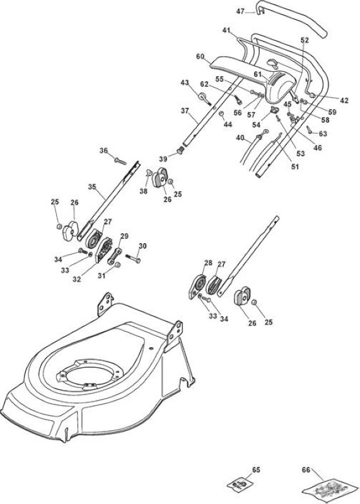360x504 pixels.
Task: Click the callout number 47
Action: pyautogui.click(x=240, y=11)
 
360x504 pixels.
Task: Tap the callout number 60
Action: pyautogui.click(x=200, y=57)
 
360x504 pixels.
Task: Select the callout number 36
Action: pyautogui.click(x=103, y=151)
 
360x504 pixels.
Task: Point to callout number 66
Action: pyautogui.click(x=306, y=470)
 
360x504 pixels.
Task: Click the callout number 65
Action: pyautogui.click(x=256, y=470)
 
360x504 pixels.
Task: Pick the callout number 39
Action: pyautogui.click(x=163, y=159)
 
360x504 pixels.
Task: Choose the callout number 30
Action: pyautogui.click(x=143, y=246)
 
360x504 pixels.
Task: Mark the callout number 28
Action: pyautogui.click(x=208, y=263)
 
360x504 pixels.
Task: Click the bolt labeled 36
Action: pyautogui.click(x=120, y=161)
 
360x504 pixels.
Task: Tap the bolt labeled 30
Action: pyautogui.click(x=133, y=258)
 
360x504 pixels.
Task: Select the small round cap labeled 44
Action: pyautogui.click(x=221, y=114)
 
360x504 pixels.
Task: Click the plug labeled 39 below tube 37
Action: pyautogui.click(x=181, y=150)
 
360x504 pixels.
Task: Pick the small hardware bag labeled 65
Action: pyautogui.click(x=240, y=484)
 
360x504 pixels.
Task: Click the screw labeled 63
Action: pyautogui.click(x=310, y=130)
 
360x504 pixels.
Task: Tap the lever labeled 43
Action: pyautogui.click(x=205, y=98)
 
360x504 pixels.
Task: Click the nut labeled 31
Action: pyautogui.click(x=117, y=265)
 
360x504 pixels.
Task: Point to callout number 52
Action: pyautogui.click(x=305, y=40)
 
